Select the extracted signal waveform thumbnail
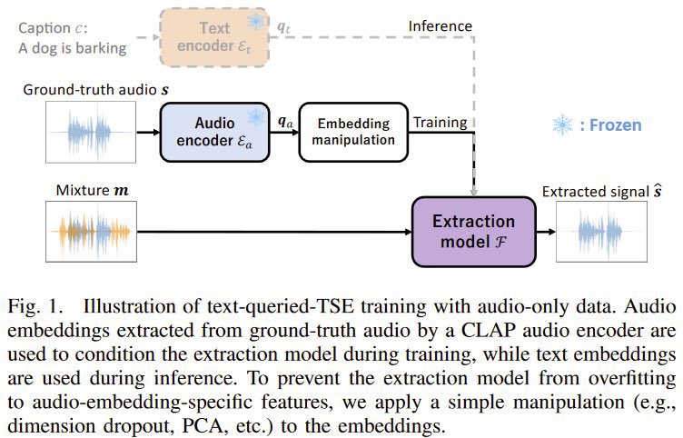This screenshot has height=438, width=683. (x=599, y=232)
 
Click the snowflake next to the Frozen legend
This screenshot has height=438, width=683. (x=562, y=124)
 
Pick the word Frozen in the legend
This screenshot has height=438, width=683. (x=613, y=125)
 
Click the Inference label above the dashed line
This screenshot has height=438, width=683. (x=440, y=26)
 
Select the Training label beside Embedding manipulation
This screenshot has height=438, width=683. (x=440, y=122)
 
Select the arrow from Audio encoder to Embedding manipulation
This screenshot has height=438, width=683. (x=287, y=133)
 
